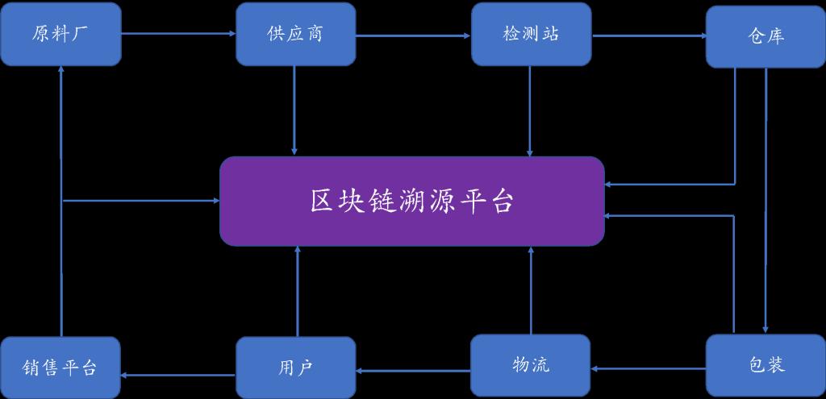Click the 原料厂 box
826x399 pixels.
tap(60, 34)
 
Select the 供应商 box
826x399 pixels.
tap(295, 34)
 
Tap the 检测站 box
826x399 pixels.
tap(530, 34)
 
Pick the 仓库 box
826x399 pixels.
tap(766, 36)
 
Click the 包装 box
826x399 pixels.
tap(766, 365)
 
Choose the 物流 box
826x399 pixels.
tap(530, 365)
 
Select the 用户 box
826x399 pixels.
tap(295, 368)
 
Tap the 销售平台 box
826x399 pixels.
tap(60, 368)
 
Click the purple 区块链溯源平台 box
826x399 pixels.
tap(412, 201)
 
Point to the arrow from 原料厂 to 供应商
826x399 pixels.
tap(178, 34)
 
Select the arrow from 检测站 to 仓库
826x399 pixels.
tap(648, 35)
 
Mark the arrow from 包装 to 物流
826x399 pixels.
tap(648, 368)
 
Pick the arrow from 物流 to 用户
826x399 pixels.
tap(413, 371)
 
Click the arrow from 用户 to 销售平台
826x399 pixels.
tap(178, 373)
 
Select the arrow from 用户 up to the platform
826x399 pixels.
tap(298, 291)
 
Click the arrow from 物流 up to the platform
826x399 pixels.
tap(531, 291)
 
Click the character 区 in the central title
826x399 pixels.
tap(322, 201)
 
